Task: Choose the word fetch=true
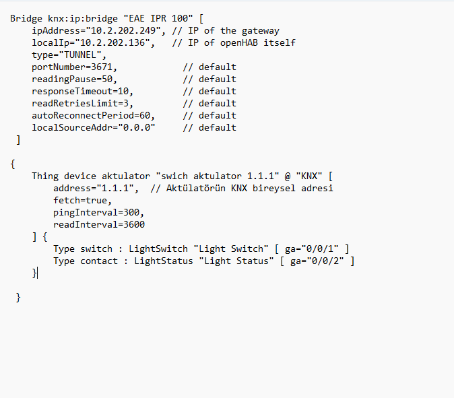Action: [80, 201]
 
